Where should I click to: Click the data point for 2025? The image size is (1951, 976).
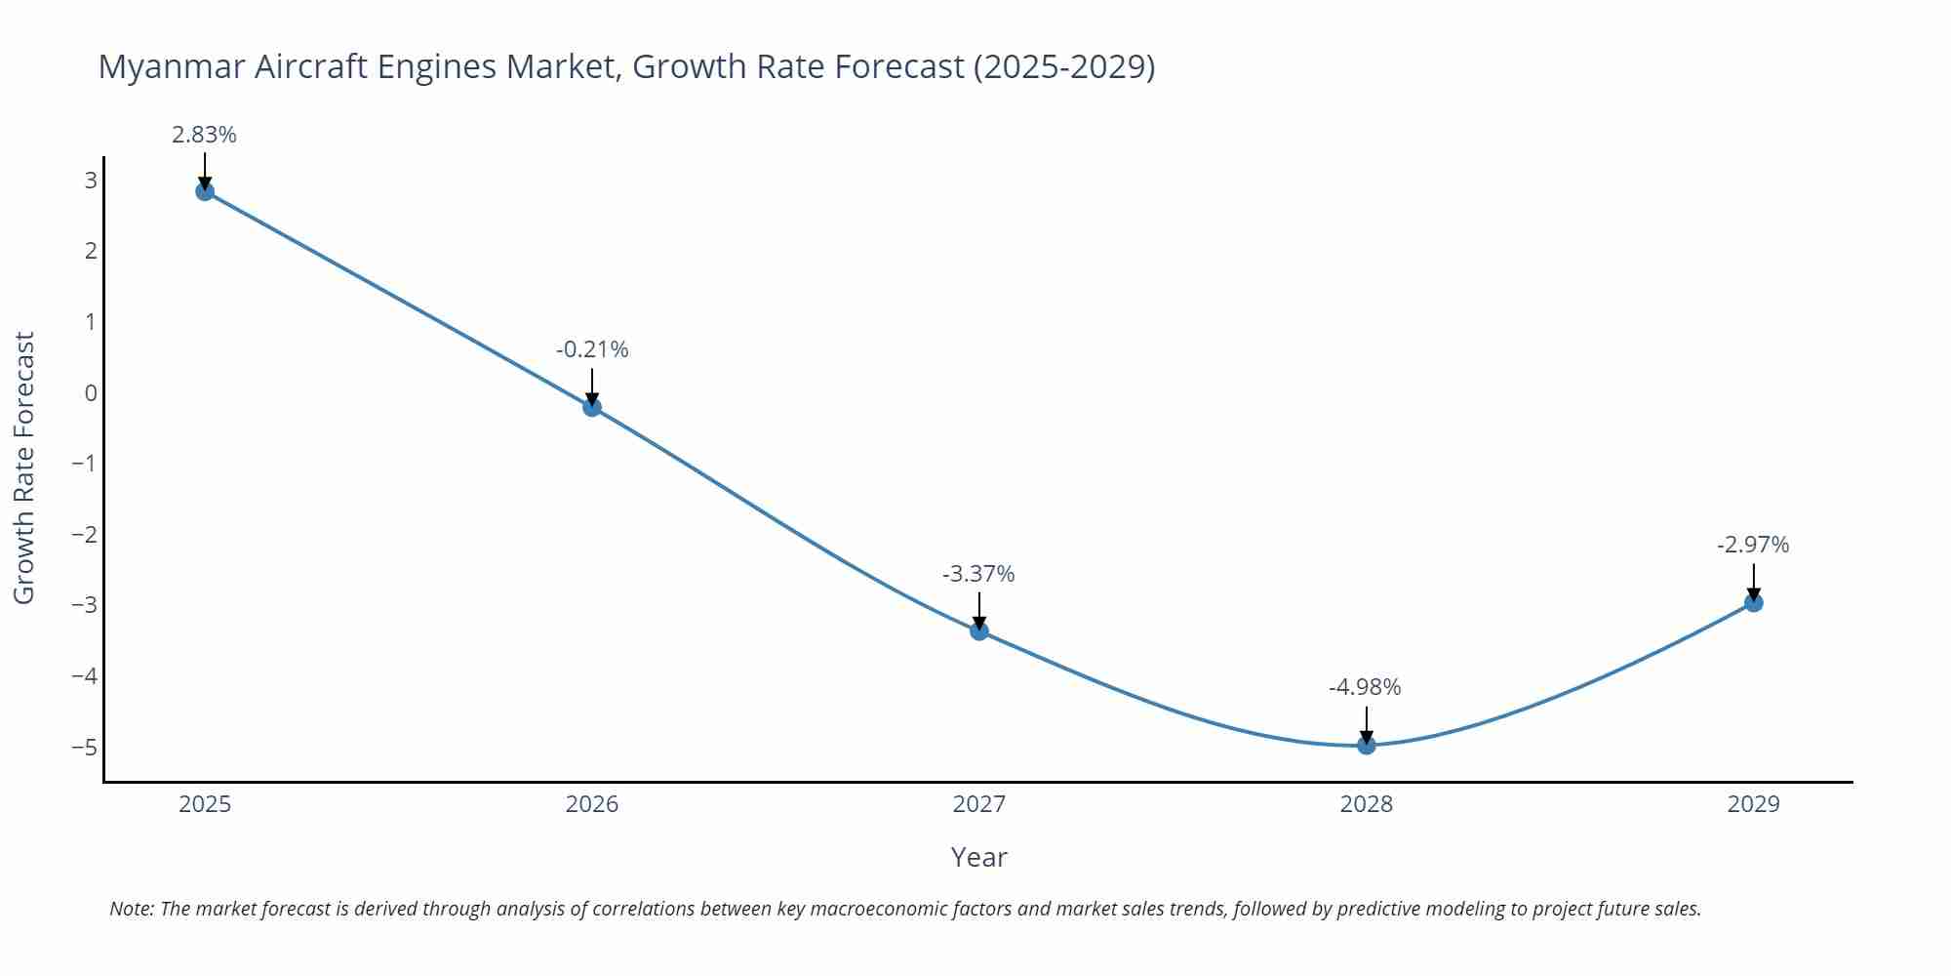[x=205, y=191]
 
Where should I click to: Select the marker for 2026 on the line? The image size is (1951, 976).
[x=592, y=407]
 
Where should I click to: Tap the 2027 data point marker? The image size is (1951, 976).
[x=979, y=631]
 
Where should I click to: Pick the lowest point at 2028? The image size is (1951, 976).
[x=1367, y=746]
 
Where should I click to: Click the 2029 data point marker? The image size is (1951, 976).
[x=1754, y=603]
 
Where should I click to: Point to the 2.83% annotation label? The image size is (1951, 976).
[x=204, y=135]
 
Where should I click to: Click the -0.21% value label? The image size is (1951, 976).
[x=592, y=349]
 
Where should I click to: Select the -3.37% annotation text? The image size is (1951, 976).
[x=978, y=574]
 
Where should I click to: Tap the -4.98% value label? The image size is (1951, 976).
[x=1365, y=687]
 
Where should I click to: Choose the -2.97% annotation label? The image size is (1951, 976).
[x=1753, y=545]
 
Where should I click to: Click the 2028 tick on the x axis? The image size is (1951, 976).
[x=1367, y=804]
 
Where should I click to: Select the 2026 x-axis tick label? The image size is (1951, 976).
[x=592, y=804]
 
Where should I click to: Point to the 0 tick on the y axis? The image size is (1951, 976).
[x=91, y=393]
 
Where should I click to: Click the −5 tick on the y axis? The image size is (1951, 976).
[x=85, y=748]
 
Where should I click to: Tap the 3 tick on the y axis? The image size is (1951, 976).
[x=91, y=181]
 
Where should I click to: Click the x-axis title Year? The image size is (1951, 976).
[x=978, y=857]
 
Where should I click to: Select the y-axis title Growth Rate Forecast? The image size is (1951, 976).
[x=24, y=468]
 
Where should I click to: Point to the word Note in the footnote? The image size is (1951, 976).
[x=131, y=909]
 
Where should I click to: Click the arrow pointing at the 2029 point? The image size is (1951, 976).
[x=1754, y=582]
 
